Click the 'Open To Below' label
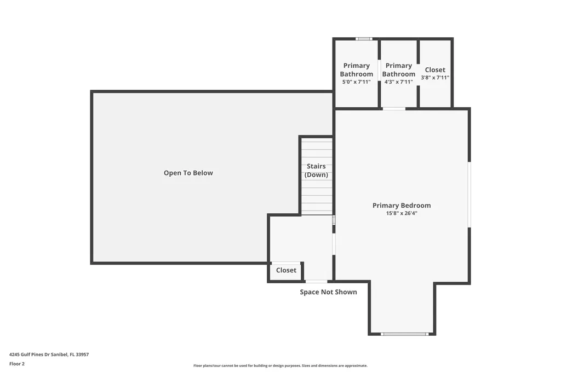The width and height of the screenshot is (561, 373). [x=188, y=173]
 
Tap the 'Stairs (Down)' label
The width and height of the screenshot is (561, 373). [x=316, y=171]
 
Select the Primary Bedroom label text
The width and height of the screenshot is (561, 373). [x=402, y=206]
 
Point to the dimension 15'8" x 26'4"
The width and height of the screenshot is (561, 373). [x=402, y=214]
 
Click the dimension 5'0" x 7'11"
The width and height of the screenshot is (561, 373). [x=356, y=82]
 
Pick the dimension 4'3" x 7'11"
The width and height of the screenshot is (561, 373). [x=398, y=82]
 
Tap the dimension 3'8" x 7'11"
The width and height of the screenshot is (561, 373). [x=435, y=78]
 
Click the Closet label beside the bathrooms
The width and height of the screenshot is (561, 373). [x=435, y=70]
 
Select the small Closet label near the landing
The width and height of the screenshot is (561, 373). [x=286, y=270]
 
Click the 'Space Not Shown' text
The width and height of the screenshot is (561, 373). [x=328, y=292]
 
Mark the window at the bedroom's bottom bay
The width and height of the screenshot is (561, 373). [x=404, y=334]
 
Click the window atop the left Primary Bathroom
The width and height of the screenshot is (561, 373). [x=364, y=39]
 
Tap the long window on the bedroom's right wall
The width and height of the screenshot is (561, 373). [x=469, y=194]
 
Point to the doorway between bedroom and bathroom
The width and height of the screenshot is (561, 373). [x=394, y=109]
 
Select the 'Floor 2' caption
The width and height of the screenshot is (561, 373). [x=17, y=364]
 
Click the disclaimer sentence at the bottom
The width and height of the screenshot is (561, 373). [x=280, y=365]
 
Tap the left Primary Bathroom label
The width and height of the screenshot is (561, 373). [x=356, y=70]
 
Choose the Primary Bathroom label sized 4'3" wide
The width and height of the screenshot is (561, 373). [x=398, y=70]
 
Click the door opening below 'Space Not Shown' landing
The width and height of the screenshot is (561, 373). [x=316, y=282]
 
